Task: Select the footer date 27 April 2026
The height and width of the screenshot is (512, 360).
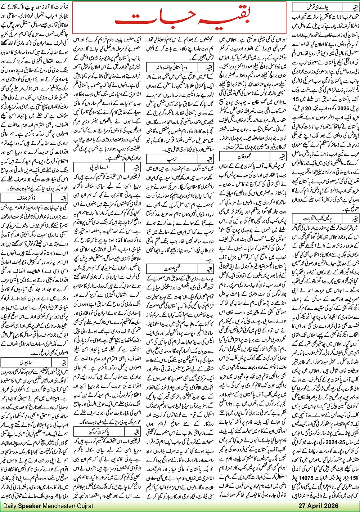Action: point(318,506)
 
